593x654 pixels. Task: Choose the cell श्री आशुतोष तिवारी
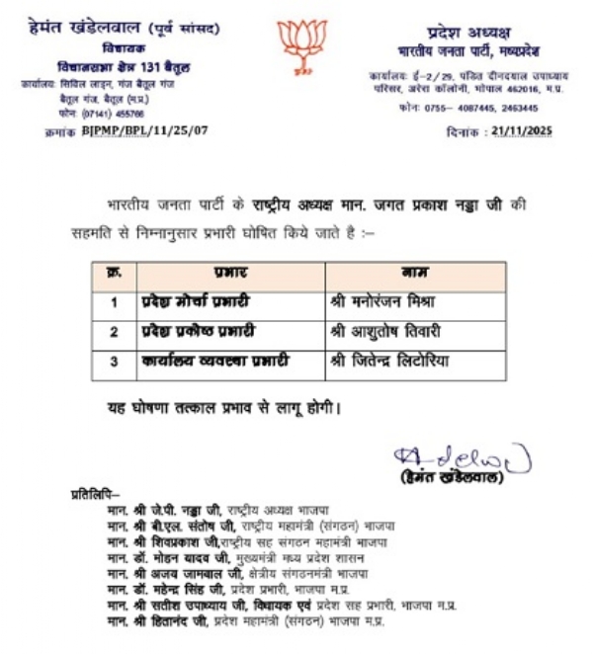pyautogui.click(x=384, y=330)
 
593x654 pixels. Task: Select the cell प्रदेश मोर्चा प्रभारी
pyautogui.click(x=194, y=299)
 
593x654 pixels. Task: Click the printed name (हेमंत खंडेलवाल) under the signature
pyautogui.click(x=457, y=478)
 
